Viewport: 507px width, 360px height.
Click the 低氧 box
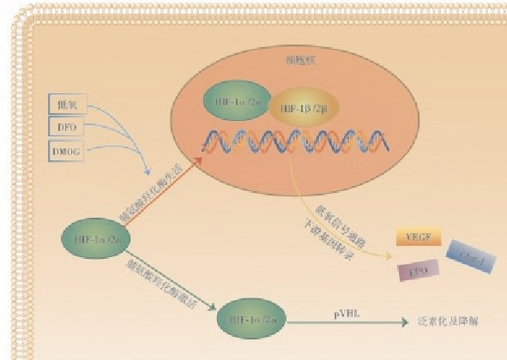tap(67, 105)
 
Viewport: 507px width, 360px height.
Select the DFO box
tap(67, 129)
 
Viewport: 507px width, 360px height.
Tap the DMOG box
tap(67, 153)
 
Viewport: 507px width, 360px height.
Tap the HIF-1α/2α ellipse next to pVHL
tap(254, 320)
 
